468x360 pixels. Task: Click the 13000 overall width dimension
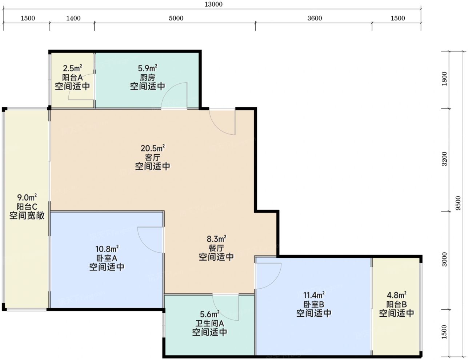[x=213, y=4]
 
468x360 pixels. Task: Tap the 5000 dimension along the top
[x=176, y=18]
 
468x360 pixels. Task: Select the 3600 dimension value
[x=315, y=18]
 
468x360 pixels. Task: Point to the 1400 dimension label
[x=73, y=18]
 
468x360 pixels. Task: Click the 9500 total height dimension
[x=458, y=203]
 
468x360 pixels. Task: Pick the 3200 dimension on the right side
[x=444, y=159]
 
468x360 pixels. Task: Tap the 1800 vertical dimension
[x=444, y=79]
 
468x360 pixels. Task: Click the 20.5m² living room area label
[x=153, y=148]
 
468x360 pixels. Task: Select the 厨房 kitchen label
[x=148, y=78]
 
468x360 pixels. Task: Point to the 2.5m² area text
[x=72, y=68]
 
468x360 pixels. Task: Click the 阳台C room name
[x=27, y=207]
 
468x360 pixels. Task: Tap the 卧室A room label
[x=107, y=258]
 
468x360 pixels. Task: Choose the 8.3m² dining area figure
[x=216, y=239]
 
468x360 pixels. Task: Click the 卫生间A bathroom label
[x=209, y=323]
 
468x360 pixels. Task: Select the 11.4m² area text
[x=314, y=295]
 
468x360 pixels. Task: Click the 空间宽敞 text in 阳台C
[x=27, y=215]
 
